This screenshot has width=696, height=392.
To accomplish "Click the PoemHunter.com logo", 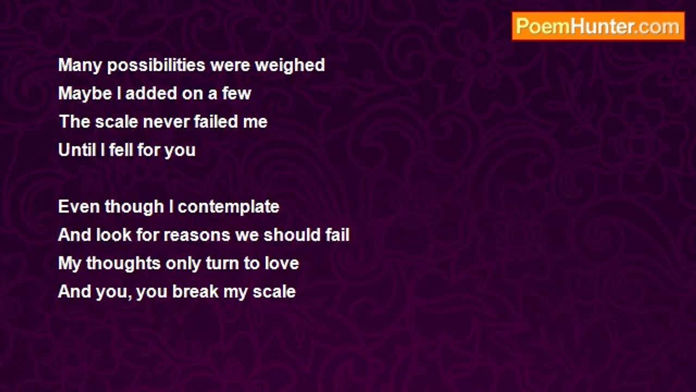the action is click(598, 26).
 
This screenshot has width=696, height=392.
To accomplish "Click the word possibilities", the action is click(156, 65).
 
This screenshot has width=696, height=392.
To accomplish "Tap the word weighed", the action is click(290, 65).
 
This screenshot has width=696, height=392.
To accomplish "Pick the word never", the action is click(166, 121).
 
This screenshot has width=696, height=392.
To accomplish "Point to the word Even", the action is click(79, 206).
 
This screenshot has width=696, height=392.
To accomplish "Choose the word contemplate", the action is click(228, 207).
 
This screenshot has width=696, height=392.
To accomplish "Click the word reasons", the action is click(197, 235).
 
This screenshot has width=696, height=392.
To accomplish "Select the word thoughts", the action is click(123, 264).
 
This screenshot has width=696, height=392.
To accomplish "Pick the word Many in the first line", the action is click(80, 66).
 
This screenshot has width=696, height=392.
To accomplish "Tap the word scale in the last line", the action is click(274, 291).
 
